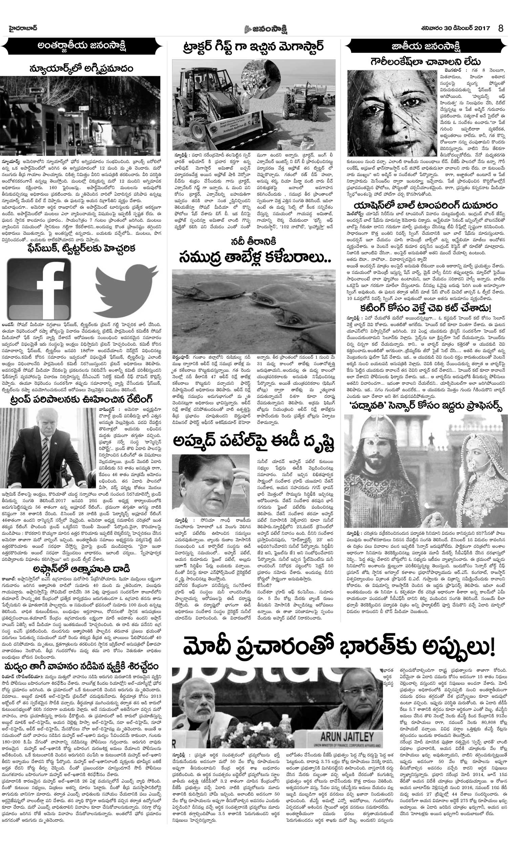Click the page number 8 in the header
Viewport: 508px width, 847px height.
click(x=501, y=28)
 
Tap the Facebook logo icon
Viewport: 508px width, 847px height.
click(x=39, y=289)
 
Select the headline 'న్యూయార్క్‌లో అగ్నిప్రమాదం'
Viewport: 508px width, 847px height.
click(x=81, y=69)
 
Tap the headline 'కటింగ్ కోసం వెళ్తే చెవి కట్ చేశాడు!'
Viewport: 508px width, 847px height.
click(x=425, y=308)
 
